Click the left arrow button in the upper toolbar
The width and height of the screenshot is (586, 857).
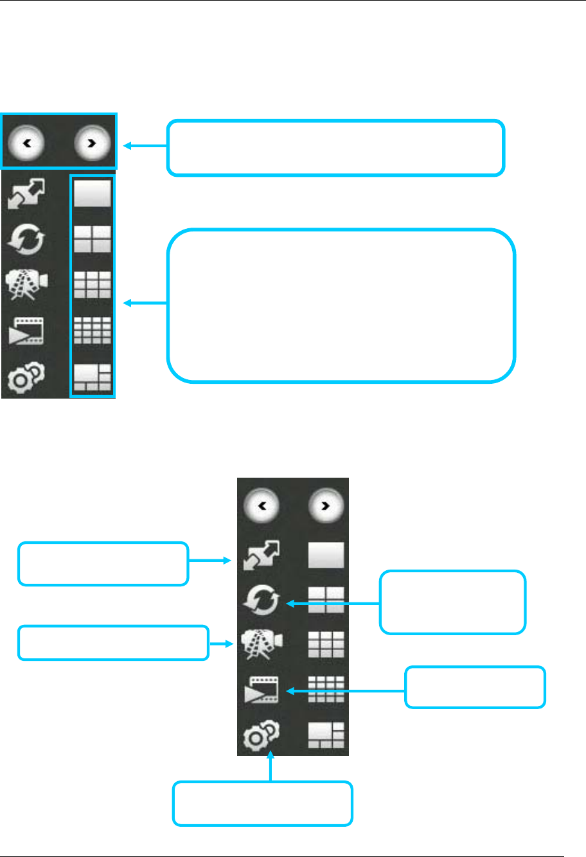coord(27,144)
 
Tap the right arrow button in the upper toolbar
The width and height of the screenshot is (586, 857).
coord(92,144)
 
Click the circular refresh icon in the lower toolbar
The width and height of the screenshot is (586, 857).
coord(262,602)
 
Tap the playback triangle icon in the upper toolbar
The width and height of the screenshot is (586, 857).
coord(26,330)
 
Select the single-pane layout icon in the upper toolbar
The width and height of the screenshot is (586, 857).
coord(93,193)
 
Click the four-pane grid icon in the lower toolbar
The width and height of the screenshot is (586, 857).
coord(326,600)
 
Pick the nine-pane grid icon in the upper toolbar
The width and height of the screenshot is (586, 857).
coord(93,285)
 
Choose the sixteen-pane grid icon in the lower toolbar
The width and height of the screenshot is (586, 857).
coord(326,690)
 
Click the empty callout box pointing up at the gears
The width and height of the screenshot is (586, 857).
coord(263,803)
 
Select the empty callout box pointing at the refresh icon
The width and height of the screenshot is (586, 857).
coord(452,602)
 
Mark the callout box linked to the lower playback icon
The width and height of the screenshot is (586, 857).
coord(475,687)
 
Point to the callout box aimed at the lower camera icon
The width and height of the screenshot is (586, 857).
coord(114,643)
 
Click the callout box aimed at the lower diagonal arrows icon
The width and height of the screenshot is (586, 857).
coord(103,564)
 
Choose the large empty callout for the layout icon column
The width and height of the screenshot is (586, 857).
coord(341,305)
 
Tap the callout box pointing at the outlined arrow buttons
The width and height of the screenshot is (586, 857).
coord(335,147)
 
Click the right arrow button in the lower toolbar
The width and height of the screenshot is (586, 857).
coord(326,506)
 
